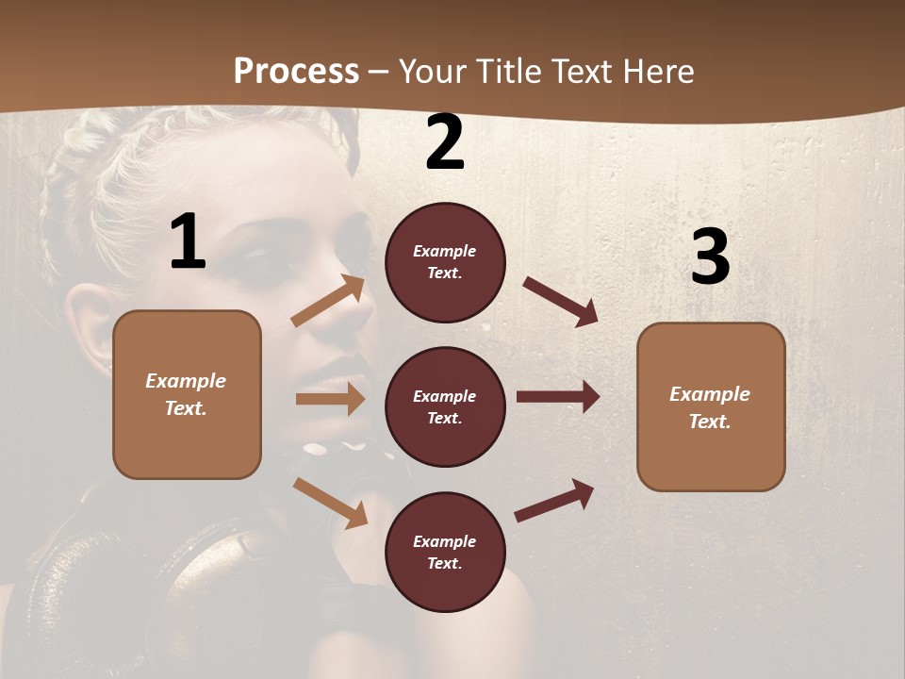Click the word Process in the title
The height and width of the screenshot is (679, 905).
pos(296,72)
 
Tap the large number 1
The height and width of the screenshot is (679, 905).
pos(188,242)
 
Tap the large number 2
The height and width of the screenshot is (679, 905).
pos(445,143)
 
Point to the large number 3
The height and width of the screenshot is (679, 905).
pos(710,257)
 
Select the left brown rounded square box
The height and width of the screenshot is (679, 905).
pos(187,394)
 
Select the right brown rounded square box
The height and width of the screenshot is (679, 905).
pos(711,406)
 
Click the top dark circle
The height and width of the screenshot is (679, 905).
pos(445,262)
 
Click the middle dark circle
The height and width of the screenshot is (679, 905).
pos(445,406)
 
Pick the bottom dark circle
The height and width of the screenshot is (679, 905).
pos(445,552)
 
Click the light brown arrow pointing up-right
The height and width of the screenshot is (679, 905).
pos(328,302)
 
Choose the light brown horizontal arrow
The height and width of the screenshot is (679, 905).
pos(330,399)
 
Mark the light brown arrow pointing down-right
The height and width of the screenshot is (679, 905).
pos(330,503)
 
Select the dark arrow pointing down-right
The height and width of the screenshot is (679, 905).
pos(560,301)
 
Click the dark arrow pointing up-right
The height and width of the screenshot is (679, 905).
pos(554,501)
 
